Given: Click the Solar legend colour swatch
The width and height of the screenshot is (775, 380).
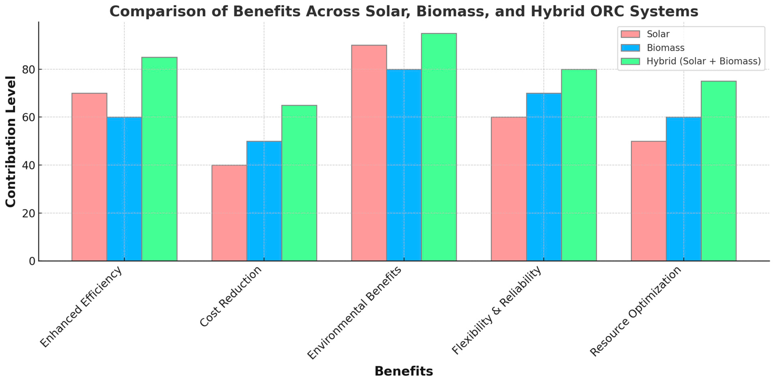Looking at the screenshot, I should (630, 34).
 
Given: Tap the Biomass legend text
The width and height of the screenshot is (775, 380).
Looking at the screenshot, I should (665, 48).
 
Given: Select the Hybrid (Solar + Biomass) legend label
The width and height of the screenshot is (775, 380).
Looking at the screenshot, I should (703, 61).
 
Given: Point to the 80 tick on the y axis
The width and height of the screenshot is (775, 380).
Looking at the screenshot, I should (29, 70).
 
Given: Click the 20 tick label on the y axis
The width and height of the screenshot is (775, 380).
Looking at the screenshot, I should (29, 213).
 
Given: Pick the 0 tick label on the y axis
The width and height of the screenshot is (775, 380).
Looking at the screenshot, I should (32, 261).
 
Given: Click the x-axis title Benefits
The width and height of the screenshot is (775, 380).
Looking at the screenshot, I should (404, 371).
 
